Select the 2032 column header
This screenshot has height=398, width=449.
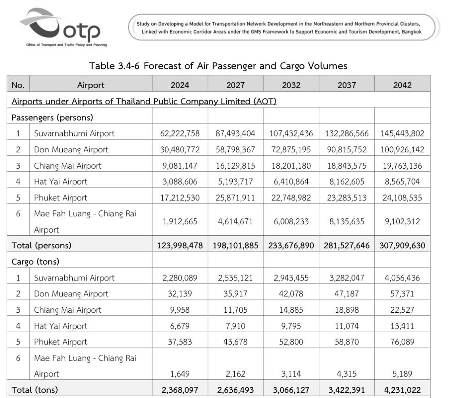(x=291, y=85)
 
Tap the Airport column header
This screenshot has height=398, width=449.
(x=91, y=85)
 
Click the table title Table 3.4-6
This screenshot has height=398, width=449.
(x=218, y=66)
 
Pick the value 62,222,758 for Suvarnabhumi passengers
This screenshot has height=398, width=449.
(x=180, y=133)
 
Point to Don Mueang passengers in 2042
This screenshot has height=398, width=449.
(x=402, y=150)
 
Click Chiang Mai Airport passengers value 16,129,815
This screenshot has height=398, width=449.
(x=235, y=165)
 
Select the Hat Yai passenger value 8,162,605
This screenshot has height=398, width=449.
(x=347, y=182)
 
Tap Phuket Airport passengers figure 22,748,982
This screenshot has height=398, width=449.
(x=291, y=198)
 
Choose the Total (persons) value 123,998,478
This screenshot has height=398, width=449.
(x=180, y=246)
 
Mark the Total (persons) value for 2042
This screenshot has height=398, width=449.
(x=402, y=246)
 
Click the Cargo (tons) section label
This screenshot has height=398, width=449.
(x=35, y=262)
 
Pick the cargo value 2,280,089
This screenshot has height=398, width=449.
(x=180, y=278)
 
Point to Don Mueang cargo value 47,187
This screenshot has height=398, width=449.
(x=347, y=294)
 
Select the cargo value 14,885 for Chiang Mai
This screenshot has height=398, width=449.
(x=291, y=310)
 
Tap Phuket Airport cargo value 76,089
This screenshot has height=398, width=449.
(x=402, y=342)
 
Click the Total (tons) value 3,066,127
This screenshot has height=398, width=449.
(x=291, y=390)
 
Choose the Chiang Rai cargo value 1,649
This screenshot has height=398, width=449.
(x=180, y=374)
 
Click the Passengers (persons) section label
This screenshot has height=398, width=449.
(x=52, y=117)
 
